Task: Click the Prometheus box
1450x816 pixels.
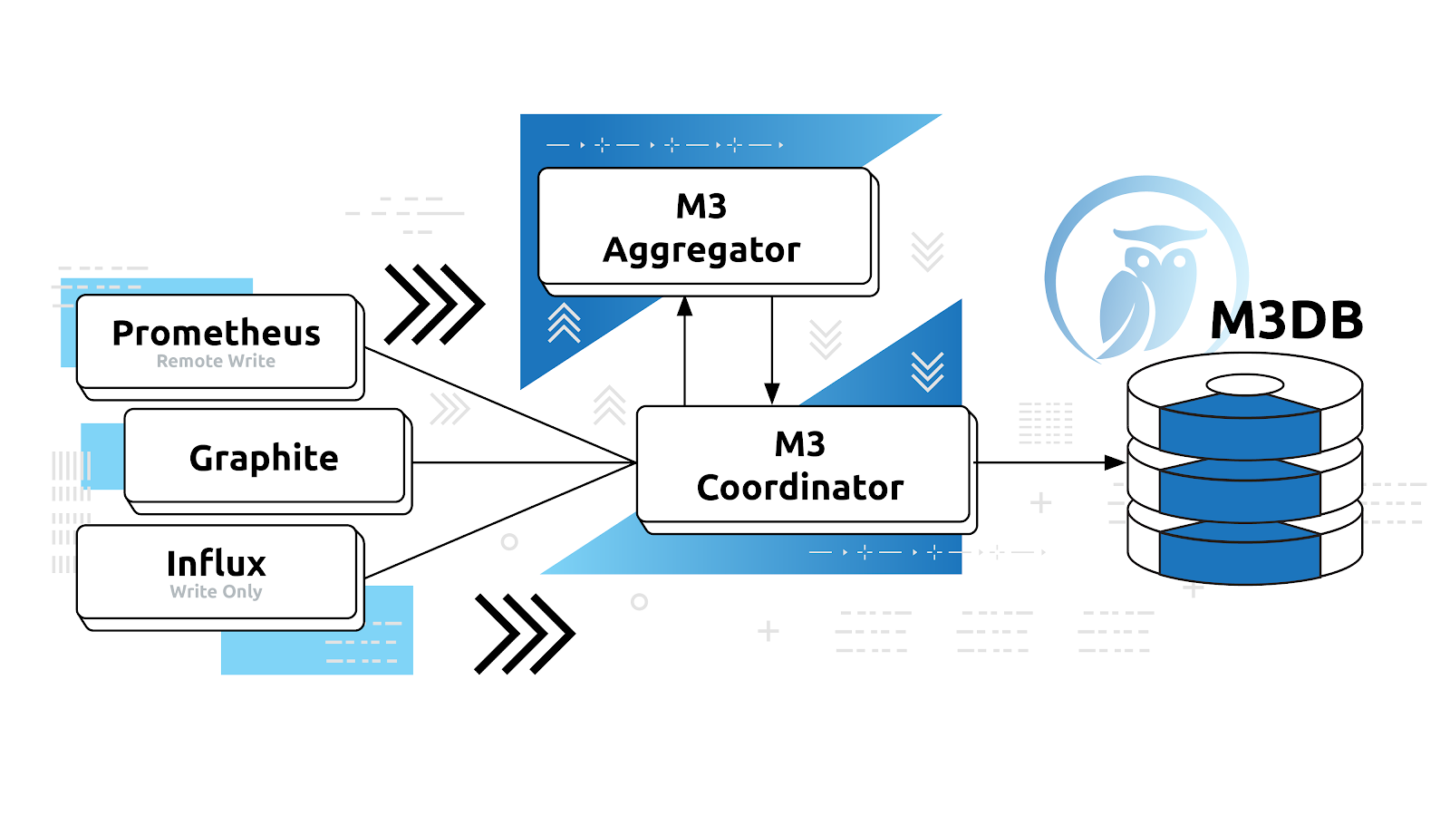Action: pos(217,342)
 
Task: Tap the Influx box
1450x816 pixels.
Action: pos(217,572)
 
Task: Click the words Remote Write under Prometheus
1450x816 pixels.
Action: pos(216,361)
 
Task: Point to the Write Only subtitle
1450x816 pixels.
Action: pos(216,591)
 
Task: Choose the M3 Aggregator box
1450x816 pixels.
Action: pos(704,227)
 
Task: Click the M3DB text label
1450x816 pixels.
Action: pos(1286,320)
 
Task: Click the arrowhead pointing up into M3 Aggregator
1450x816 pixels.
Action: pos(685,306)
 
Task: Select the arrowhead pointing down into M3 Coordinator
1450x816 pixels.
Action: pos(772,393)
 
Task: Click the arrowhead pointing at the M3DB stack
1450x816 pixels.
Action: pos(1115,462)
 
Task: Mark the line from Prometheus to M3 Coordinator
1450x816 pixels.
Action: pos(498,404)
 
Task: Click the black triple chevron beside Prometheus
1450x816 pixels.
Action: pos(434,305)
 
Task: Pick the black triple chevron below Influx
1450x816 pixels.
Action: pos(524,634)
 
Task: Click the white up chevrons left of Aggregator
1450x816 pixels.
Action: pos(564,323)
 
